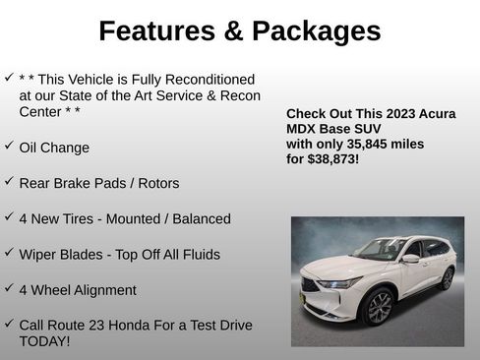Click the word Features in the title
click(x=156, y=31)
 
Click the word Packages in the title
click(x=316, y=31)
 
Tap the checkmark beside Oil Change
click(x=9, y=146)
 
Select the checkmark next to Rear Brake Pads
click(x=9, y=181)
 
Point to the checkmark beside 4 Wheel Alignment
click(x=9, y=288)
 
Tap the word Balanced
click(x=198, y=218)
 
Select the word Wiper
click(x=38, y=255)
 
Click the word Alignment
click(x=101, y=290)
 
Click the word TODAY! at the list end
click(x=44, y=341)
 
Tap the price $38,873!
click(x=333, y=158)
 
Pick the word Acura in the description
click(x=434, y=114)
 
